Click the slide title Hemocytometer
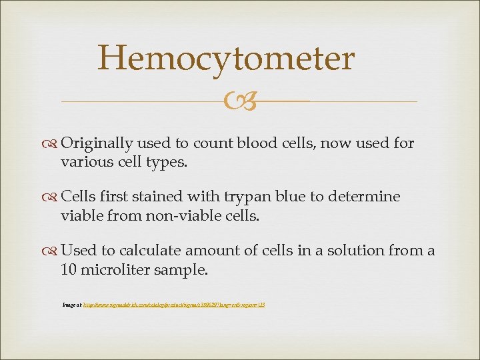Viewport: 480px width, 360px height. click(x=225, y=59)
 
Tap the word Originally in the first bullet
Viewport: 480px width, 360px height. click(x=97, y=143)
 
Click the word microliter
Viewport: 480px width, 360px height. click(x=115, y=269)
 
